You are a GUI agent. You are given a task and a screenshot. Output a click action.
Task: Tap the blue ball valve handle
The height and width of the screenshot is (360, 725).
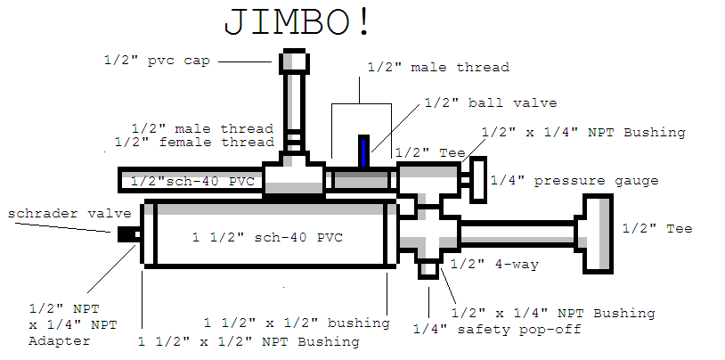tap(362, 151)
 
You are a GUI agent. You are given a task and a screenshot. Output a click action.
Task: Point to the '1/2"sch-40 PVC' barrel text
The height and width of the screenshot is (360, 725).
tap(192, 181)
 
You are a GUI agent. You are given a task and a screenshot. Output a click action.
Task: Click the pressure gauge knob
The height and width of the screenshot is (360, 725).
tap(479, 178)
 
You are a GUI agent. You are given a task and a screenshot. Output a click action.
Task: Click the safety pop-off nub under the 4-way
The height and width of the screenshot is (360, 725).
tap(429, 268)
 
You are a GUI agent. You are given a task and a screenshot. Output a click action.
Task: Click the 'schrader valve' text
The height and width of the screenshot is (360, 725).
tap(69, 214)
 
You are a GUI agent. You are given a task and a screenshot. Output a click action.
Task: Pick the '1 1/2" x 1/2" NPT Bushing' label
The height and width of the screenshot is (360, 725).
tap(248, 341)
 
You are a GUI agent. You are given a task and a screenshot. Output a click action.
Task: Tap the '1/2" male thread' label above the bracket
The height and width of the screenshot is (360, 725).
tap(438, 67)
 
